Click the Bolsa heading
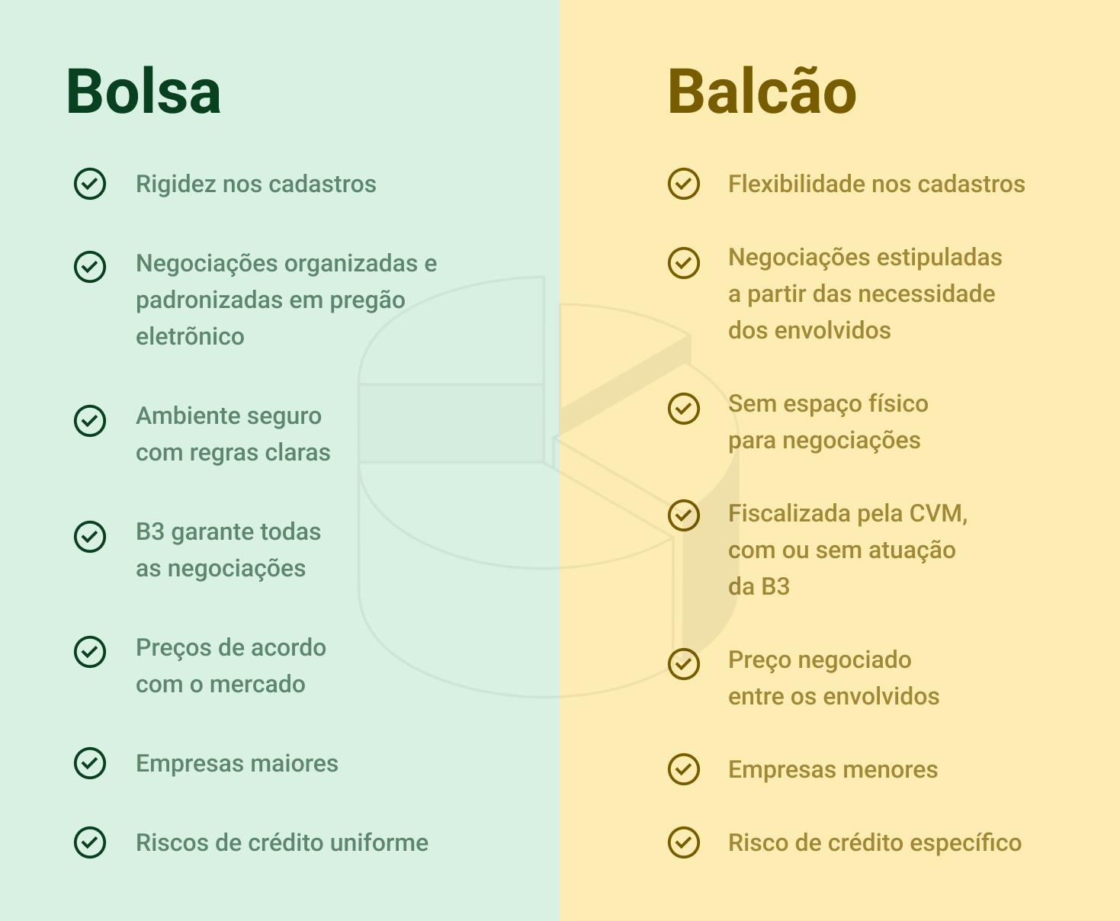143,92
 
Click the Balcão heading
762,92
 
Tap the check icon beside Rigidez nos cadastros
90,184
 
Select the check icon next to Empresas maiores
90,763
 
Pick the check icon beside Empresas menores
684,769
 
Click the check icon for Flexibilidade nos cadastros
684,184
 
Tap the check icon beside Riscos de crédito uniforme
90,842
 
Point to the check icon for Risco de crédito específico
684,842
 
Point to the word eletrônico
190,336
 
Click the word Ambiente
185,416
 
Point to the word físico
896,403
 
